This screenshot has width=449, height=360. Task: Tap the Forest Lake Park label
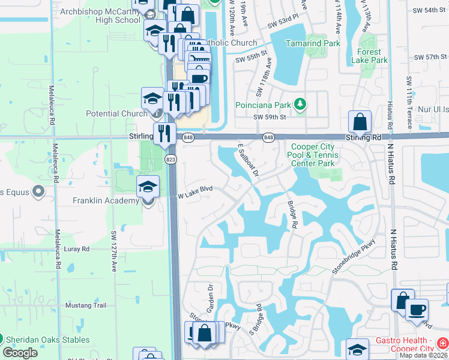click(370, 56)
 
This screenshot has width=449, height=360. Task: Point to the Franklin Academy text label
click(106, 200)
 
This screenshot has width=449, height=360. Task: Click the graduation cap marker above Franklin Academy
click(148, 187)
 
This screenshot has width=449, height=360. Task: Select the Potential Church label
click(116, 113)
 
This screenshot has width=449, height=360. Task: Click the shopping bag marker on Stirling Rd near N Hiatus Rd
click(360, 122)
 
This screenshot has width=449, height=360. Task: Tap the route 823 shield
click(171, 158)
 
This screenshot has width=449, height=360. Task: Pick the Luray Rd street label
click(77, 248)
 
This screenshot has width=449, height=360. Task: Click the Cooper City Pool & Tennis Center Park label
click(315, 155)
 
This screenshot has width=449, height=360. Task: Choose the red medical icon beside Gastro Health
click(442, 343)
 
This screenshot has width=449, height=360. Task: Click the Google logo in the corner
click(20, 353)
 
